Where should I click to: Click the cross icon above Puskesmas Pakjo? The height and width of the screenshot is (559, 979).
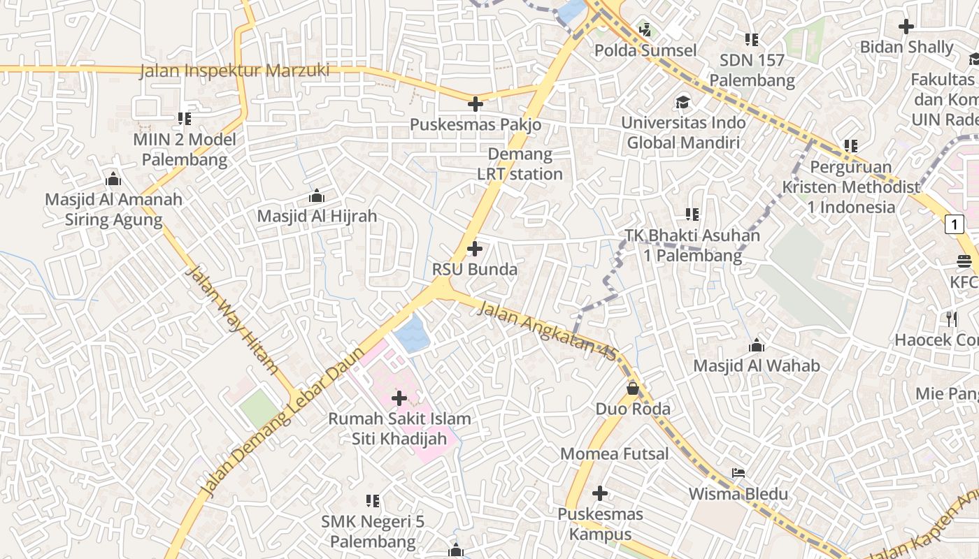coord(476,105)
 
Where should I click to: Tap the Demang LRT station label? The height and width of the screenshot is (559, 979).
coord(520,164)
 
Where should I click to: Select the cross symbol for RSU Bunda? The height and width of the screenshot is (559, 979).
coord(475,249)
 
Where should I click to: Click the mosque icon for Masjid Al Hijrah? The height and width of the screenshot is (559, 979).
coord(317,196)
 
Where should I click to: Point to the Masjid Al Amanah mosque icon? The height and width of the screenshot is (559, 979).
coord(113,179)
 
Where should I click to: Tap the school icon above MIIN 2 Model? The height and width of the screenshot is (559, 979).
coord(185,119)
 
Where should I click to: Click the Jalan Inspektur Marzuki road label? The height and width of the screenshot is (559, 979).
coord(234,71)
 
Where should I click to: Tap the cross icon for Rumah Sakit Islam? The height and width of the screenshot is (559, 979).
coord(399,398)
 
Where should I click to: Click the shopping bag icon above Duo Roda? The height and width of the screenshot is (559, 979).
coord(633,388)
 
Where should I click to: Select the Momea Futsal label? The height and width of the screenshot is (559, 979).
coord(615,454)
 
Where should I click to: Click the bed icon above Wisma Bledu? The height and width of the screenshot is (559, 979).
coord(738,473)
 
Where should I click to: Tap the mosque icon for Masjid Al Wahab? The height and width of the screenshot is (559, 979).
coord(757,345)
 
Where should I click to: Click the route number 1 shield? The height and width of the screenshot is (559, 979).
coord(954,224)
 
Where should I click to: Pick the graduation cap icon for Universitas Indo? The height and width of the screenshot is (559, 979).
coord(683,103)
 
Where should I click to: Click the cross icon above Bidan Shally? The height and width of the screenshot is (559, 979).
coord(906,27)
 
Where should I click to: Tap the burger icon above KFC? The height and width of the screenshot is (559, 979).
coord(965,261)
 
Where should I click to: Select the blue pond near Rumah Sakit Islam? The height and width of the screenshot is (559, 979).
coord(411,333)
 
